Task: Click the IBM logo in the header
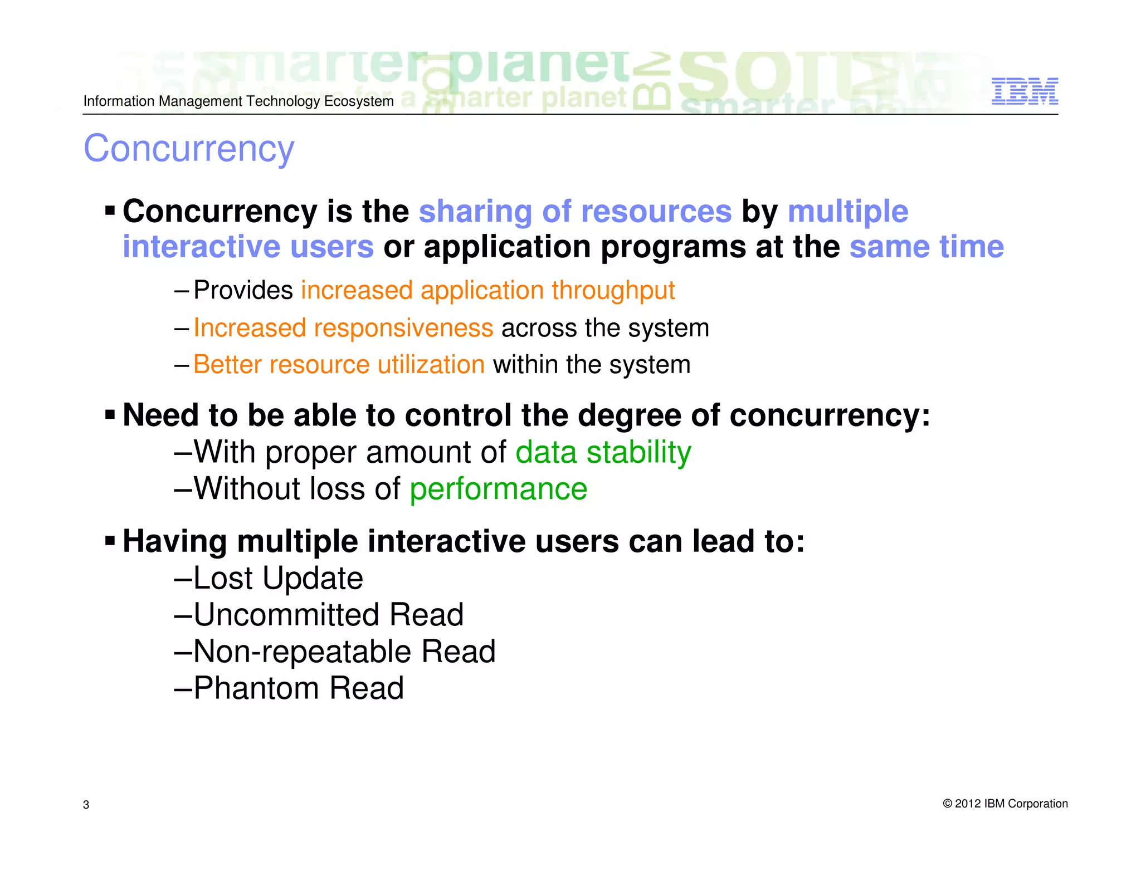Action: click(1025, 91)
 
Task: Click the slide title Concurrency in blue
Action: click(189, 149)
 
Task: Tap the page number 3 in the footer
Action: click(86, 805)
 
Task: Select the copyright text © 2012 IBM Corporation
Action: click(1005, 804)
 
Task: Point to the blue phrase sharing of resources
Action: click(575, 212)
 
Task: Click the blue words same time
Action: click(926, 247)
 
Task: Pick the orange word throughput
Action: click(613, 291)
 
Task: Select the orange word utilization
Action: click(431, 365)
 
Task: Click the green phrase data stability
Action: click(603, 452)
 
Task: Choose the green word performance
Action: click(498, 490)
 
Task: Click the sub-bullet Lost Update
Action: click(277, 578)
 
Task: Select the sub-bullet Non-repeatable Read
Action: click(344, 652)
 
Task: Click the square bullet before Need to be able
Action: click(110, 415)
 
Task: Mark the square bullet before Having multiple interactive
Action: click(110, 541)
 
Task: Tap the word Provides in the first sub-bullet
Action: click(243, 291)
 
